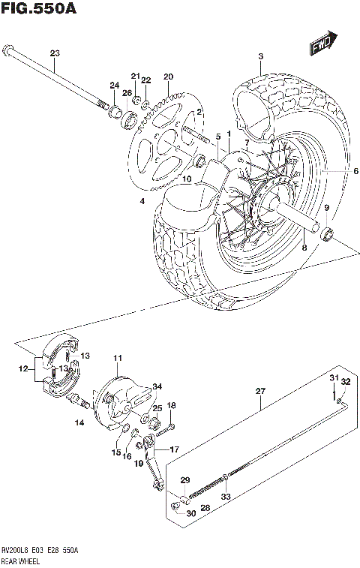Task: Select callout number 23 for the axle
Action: click(53, 53)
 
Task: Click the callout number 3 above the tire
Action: click(260, 57)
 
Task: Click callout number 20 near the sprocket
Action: click(168, 77)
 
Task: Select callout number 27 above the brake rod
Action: click(260, 391)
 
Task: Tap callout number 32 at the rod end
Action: click(345, 382)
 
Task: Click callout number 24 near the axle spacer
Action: click(114, 85)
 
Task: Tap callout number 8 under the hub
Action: click(304, 246)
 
